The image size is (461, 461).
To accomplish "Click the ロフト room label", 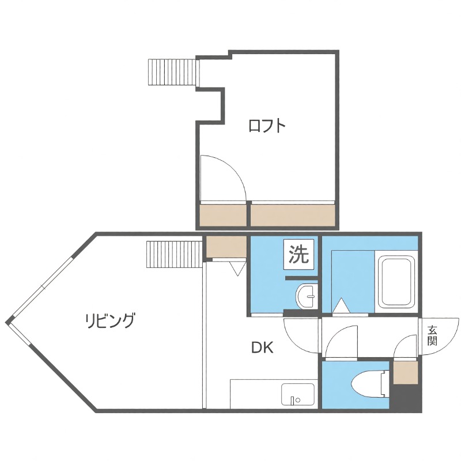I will click(x=267, y=126).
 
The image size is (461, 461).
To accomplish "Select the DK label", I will click(x=262, y=347).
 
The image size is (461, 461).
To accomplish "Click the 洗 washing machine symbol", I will click(x=299, y=254).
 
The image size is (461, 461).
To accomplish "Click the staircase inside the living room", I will click(x=172, y=255).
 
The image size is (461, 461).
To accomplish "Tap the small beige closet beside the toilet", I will click(x=405, y=372).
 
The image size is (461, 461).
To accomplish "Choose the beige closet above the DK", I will click(x=226, y=247).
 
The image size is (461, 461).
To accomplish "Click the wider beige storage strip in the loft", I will click(x=293, y=216).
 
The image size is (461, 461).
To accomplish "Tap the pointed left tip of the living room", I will click(x=8, y=322).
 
